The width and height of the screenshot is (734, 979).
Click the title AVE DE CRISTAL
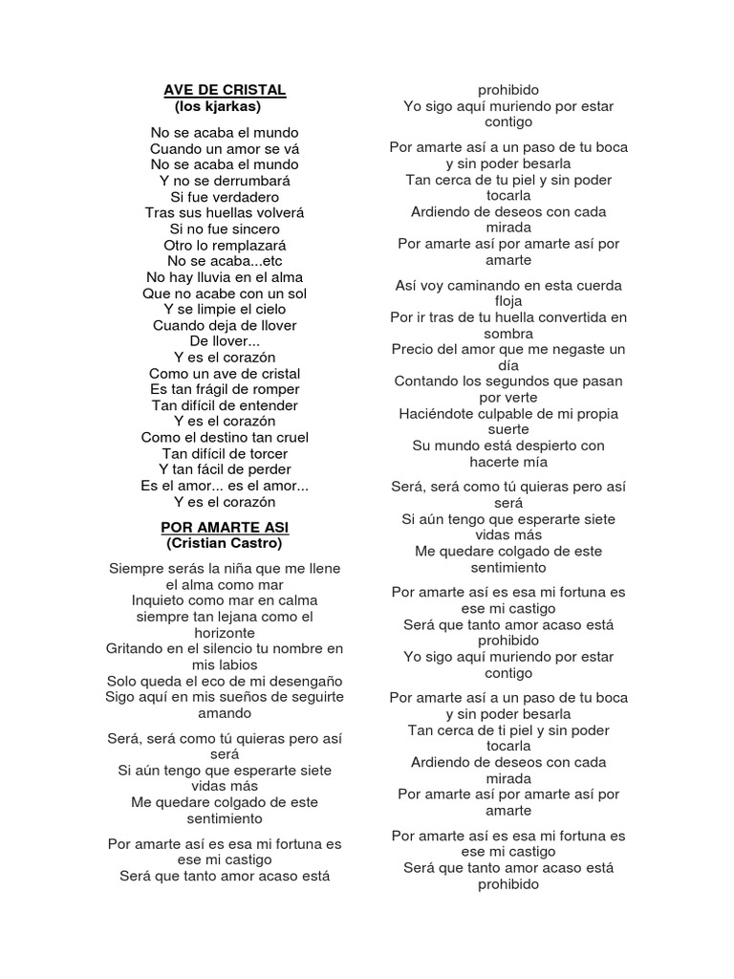(x=225, y=90)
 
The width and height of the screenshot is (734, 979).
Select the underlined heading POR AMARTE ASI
(x=225, y=528)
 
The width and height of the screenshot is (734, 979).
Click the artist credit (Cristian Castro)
(x=225, y=543)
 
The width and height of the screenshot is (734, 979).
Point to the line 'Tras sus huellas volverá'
(x=225, y=213)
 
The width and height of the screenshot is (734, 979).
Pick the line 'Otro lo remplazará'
(x=225, y=245)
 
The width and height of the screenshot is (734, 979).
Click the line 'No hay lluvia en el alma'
(x=225, y=277)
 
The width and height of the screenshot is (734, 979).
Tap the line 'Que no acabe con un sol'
(x=225, y=294)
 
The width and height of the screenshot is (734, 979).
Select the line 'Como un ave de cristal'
(x=225, y=374)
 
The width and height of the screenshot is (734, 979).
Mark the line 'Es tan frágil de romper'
(x=225, y=389)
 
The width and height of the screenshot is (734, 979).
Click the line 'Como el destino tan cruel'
(x=225, y=438)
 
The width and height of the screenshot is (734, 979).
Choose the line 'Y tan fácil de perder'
(x=225, y=469)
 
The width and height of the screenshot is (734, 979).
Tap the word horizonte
(x=225, y=633)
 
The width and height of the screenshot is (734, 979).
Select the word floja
(x=508, y=301)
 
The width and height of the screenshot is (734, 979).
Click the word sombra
(x=508, y=333)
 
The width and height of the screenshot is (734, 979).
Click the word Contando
(x=425, y=381)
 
